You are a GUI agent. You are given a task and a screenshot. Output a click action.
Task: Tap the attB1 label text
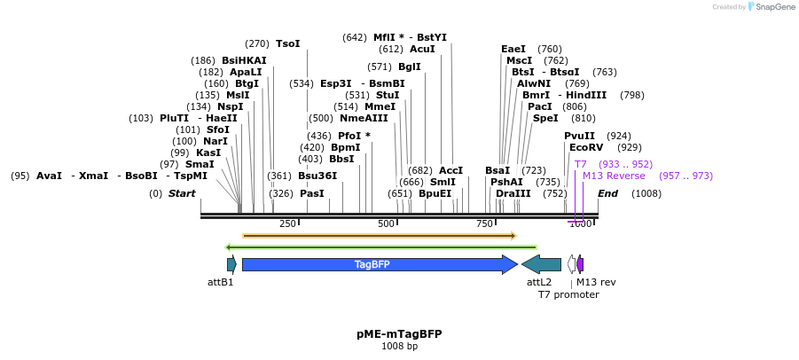click(x=220, y=282)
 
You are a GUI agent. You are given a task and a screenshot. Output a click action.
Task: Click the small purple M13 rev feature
click(x=580, y=264)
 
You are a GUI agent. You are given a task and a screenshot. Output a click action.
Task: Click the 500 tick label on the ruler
click(x=386, y=223)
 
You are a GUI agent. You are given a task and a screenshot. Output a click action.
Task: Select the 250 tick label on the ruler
click(x=287, y=223)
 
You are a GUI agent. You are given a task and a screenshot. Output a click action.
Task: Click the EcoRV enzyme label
click(x=586, y=147)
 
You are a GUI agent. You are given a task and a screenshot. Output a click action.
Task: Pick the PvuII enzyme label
click(x=580, y=136)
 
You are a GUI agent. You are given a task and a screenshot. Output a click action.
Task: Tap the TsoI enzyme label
click(x=287, y=43)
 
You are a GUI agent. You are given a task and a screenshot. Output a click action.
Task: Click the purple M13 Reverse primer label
click(x=614, y=176)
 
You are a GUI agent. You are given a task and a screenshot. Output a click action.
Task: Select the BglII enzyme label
click(x=410, y=67)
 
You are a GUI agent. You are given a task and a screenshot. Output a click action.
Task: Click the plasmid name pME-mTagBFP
click(x=399, y=334)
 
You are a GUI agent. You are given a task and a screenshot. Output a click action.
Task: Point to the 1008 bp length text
click(x=399, y=347)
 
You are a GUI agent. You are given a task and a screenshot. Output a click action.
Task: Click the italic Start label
click(x=182, y=193)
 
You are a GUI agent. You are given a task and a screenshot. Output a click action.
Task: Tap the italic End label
click(x=607, y=193)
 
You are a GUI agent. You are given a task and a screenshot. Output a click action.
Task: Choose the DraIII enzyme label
click(x=513, y=193)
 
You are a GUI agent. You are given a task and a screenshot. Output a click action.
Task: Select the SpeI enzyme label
click(x=545, y=118)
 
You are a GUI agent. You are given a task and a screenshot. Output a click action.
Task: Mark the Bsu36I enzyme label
click(x=317, y=176)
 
